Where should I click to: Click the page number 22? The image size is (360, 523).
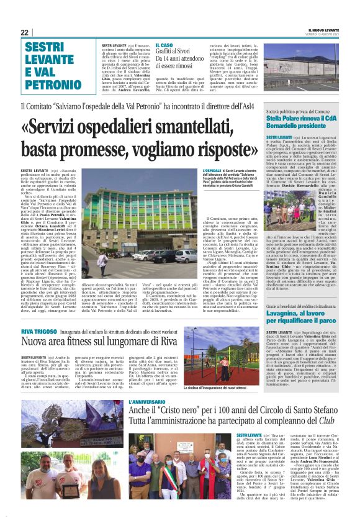point(25,32)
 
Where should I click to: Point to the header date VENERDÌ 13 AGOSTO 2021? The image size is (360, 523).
point(323,36)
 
